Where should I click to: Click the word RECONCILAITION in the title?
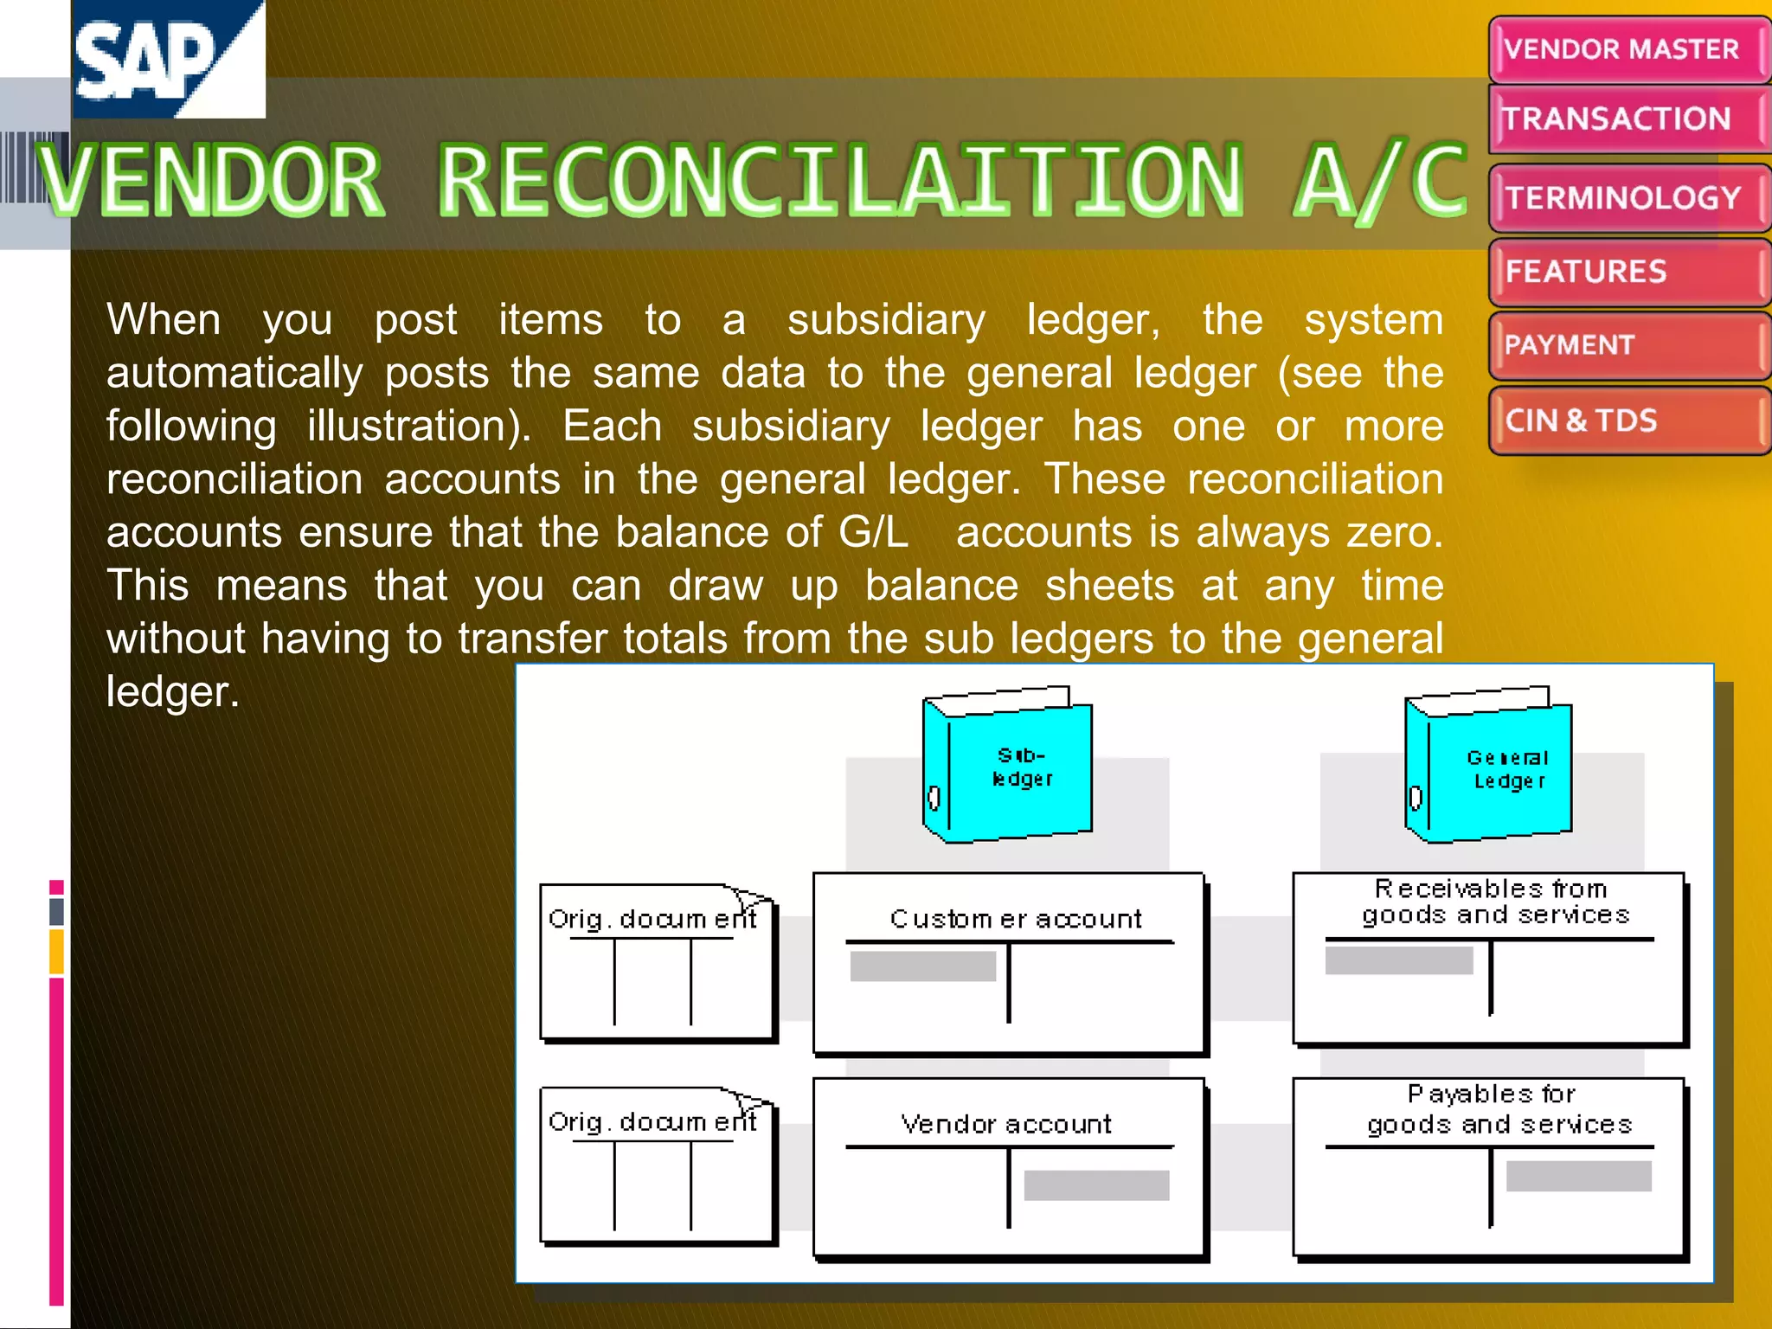coord(839,182)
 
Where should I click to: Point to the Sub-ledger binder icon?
coord(1009,767)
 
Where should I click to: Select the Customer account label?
coord(1016,919)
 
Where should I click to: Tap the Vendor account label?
coord(1006,1124)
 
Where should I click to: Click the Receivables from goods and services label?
coord(1494,902)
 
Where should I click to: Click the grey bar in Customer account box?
coord(922,966)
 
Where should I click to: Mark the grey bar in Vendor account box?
coord(1096,1185)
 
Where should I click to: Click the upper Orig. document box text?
coord(652,919)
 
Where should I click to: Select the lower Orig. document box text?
coord(652,1122)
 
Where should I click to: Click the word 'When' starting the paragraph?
coord(164,319)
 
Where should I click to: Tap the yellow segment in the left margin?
coord(57,951)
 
